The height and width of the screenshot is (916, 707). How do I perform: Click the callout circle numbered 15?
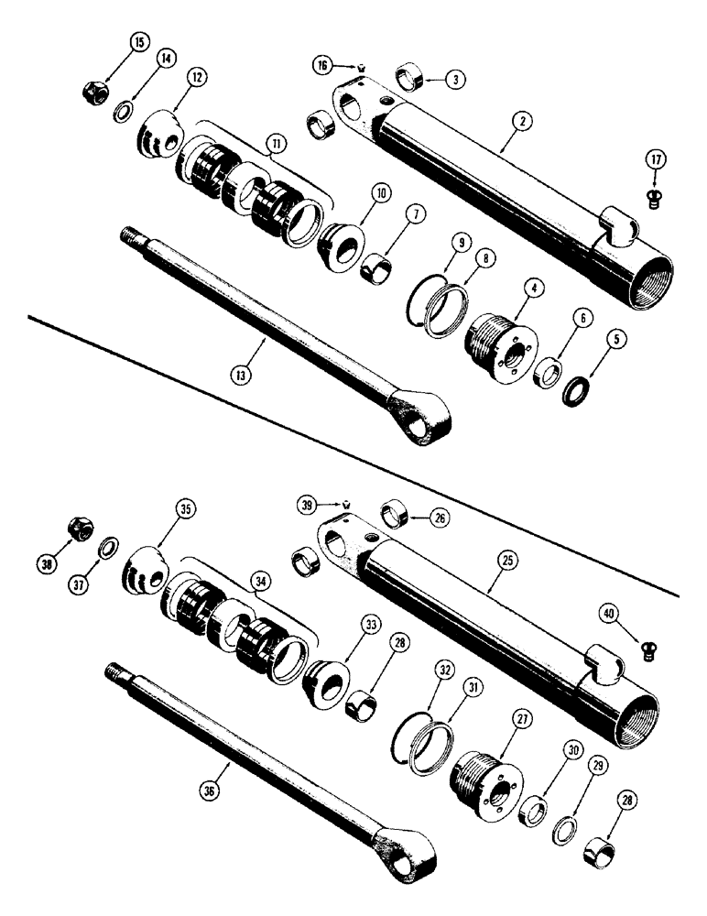tap(138, 43)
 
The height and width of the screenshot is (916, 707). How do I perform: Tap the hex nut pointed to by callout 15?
tap(94, 92)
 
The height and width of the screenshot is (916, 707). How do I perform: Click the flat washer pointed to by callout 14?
tap(122, 113)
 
